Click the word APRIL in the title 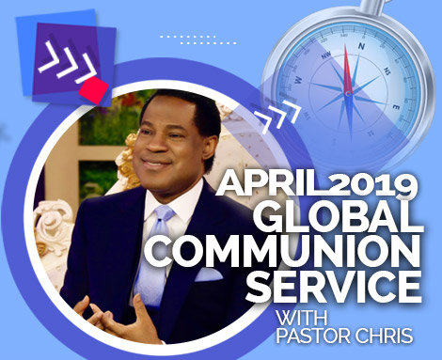coord(269,184)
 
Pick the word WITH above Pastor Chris coord(301,318)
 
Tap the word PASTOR coord(314,336)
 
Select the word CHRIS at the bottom coord(384,336)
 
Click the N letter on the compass coord(362,46)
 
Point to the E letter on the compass coord(395,107)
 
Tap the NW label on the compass coord(326,55)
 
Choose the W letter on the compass coord(298,79)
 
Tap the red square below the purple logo coord(94,89)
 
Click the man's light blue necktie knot coord(163,214)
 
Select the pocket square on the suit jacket coord(208,274)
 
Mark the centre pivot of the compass coord(348,93)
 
